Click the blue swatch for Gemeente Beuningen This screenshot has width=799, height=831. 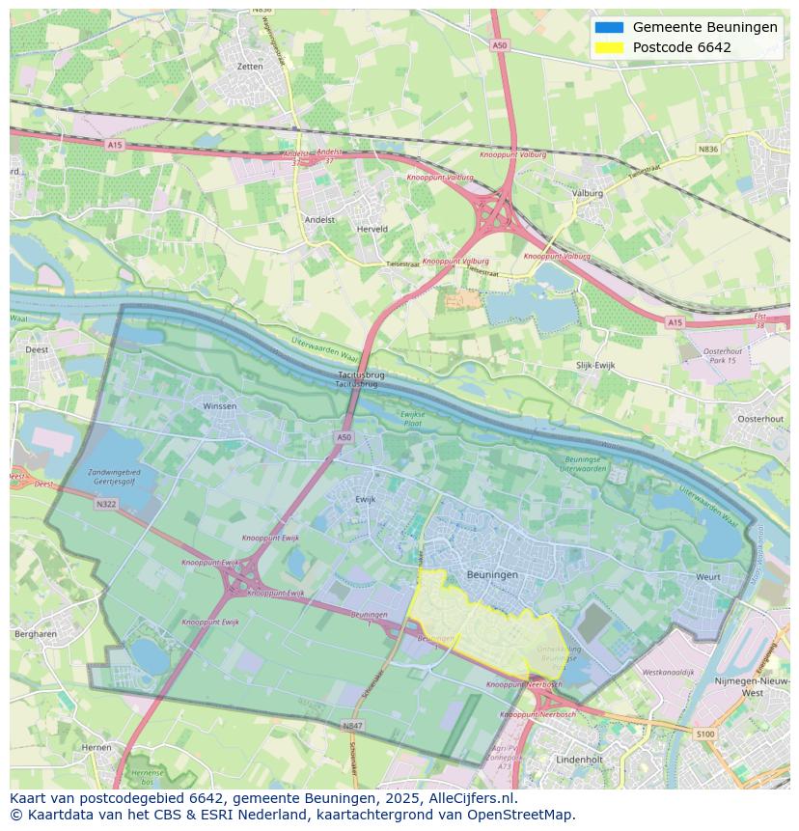(x=609, y=27)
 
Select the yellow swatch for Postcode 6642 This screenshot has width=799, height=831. (x=609, y=47)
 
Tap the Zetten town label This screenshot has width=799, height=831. (x=249, y=67)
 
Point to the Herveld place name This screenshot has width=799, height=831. (x=372, y=229)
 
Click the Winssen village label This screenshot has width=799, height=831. (x=219, y=406)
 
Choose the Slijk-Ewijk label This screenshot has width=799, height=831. (x=595, y=366)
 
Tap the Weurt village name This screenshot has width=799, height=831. (x=707, y=577)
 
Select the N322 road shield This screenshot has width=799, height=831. (x=105, y=504)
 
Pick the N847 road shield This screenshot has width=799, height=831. (x=352, y=724)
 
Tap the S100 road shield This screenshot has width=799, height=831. (x=706, y=734)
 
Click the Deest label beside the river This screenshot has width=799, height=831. (x=37, y=349)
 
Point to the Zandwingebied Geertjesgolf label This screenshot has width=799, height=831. (x=114, y=478)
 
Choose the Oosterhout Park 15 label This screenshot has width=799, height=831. (x=720, y=355)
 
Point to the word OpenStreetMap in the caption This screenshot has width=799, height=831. (x=526, y=815)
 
